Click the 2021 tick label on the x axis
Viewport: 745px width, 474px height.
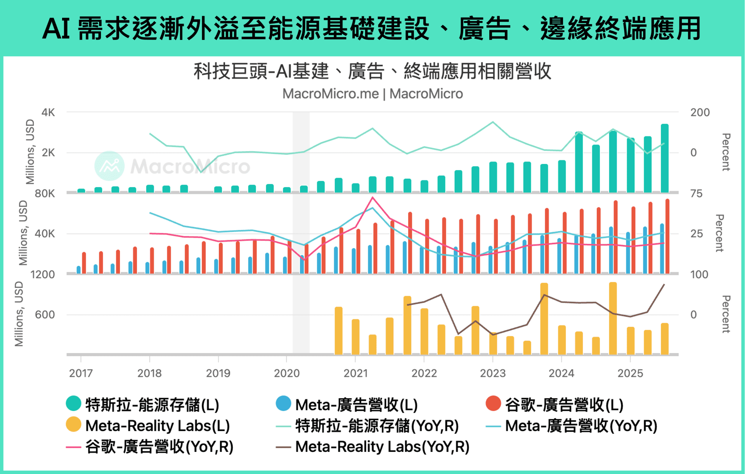[355, 373]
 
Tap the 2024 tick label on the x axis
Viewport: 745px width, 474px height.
[561, 373]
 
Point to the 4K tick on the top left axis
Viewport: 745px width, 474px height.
[48, 112]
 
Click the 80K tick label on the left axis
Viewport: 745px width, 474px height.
[45, 193]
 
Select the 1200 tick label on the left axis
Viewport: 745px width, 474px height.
[43, 275]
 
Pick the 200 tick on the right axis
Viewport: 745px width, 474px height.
[700, 112]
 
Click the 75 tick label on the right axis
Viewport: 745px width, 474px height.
[696, 193]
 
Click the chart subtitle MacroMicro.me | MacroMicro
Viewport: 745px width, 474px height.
[372, 94]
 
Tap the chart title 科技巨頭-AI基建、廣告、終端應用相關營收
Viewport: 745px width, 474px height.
[372, 71]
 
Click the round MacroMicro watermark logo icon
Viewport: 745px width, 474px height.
[109, 166]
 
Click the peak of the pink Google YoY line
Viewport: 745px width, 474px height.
[372, 198]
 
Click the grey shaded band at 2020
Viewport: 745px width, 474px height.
[301, 233]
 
